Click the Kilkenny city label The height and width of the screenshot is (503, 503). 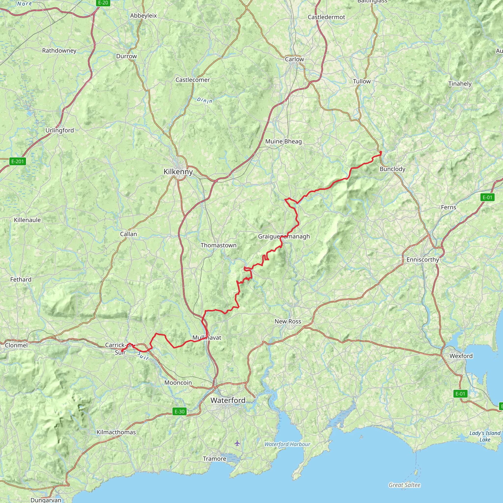click(x=178, y=172)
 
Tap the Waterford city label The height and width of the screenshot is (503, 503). click(x=228, y=400)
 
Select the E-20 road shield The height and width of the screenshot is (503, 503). click(x=103, y=3)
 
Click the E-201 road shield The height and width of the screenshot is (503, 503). click(x=17, y=161)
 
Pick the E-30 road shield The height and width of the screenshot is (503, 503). click(x=179, y=412)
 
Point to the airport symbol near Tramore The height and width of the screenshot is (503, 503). click(x=237, y=443)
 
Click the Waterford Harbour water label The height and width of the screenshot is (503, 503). click(x=287, y=444)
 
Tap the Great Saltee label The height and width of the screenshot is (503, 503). click(x=404, y=485)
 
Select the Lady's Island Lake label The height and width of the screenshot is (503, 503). click(x=485, y=436)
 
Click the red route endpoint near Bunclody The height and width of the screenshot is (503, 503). click(x=381, y=152)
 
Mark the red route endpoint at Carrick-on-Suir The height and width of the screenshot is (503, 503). click(x=122, y=351)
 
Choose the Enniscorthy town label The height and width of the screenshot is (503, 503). click(x=422, y=260)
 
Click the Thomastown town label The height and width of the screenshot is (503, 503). click(x=218, y=245)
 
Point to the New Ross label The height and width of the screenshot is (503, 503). click(x=288, y=321)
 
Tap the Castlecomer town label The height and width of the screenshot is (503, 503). click(x=192, y=80)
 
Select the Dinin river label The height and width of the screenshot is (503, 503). click(x=204, y=100)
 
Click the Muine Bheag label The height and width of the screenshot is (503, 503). click(x=283, y=142)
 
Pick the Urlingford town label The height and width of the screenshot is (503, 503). click(x=60, y=130)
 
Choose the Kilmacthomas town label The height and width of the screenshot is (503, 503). click(x=116, y=433)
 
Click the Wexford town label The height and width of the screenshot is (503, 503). click(x=461, y=356)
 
